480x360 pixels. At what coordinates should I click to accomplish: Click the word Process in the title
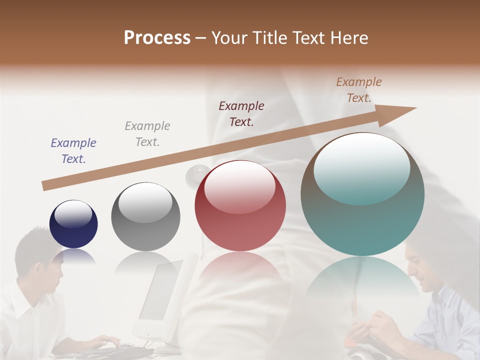pos(157,37)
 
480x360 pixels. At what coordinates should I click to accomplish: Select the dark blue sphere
pos(73,224)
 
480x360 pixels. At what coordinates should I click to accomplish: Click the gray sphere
pos(145,217)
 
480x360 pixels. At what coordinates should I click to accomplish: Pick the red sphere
pos(240,206)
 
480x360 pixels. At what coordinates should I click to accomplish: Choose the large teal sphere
pos(362,195)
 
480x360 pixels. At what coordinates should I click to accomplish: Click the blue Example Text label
pos(73,151)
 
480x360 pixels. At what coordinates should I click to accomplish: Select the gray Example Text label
pos(147,134)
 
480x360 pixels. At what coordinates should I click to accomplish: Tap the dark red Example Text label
pos(241,113)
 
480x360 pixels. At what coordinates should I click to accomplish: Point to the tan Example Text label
pos(359,90)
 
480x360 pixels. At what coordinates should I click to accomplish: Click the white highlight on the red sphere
pos(239,187)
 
